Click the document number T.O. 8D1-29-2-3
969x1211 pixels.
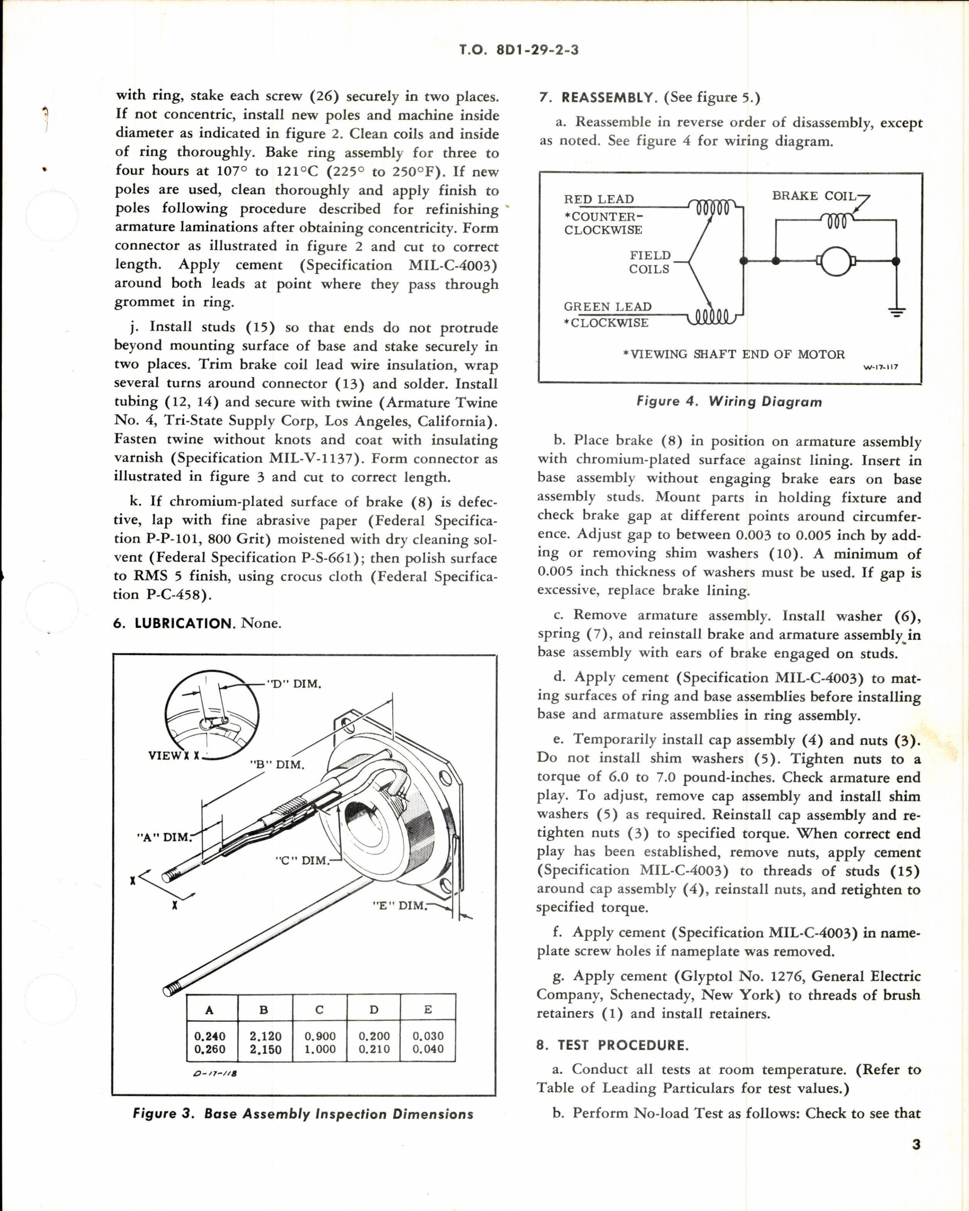[518, 50]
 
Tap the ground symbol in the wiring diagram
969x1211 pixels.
[897, 312]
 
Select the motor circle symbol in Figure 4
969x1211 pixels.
[837, 261]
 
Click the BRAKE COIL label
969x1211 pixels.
[814, 196]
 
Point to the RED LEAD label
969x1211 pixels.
[599, 199]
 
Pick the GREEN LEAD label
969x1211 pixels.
[607, 307]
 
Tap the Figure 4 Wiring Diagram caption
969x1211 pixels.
[729, 402]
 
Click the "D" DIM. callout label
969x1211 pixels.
[294, 684]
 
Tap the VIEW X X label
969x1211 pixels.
[174, 756]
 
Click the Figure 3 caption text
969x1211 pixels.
[303, 1115]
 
